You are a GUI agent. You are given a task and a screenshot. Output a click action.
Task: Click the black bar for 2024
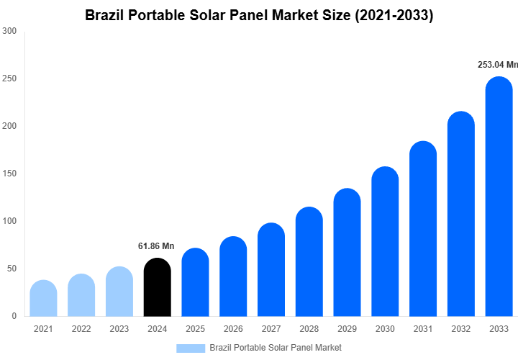click(158, 288)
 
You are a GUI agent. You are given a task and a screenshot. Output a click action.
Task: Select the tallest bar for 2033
click(499, 198)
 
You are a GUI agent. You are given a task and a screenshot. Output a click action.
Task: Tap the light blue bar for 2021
click(43, 299)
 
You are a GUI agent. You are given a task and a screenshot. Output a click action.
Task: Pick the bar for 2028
click(309, 263)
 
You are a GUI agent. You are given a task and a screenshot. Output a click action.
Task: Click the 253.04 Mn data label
click(498, 65)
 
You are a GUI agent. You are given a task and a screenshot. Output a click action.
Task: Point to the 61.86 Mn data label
click(156, 246)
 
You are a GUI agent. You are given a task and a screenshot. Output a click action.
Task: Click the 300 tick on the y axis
click(9, 31)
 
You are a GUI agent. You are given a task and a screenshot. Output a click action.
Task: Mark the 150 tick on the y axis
click(9, 174)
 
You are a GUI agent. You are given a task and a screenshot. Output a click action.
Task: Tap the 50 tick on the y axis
click(12, 269)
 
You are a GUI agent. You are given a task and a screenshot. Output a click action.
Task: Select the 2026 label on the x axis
click(233, 329)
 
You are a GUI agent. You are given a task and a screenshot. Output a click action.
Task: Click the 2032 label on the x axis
click(461, 329)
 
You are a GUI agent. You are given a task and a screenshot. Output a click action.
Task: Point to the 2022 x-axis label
click(81, 329)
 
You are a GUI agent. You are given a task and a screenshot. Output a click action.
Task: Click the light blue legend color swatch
click(190, 348)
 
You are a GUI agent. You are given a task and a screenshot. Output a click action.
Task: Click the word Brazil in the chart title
click(105, 15)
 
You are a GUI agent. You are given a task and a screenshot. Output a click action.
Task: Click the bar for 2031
click(423, 230)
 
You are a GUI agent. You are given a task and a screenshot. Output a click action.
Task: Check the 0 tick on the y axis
click(14, 316)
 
